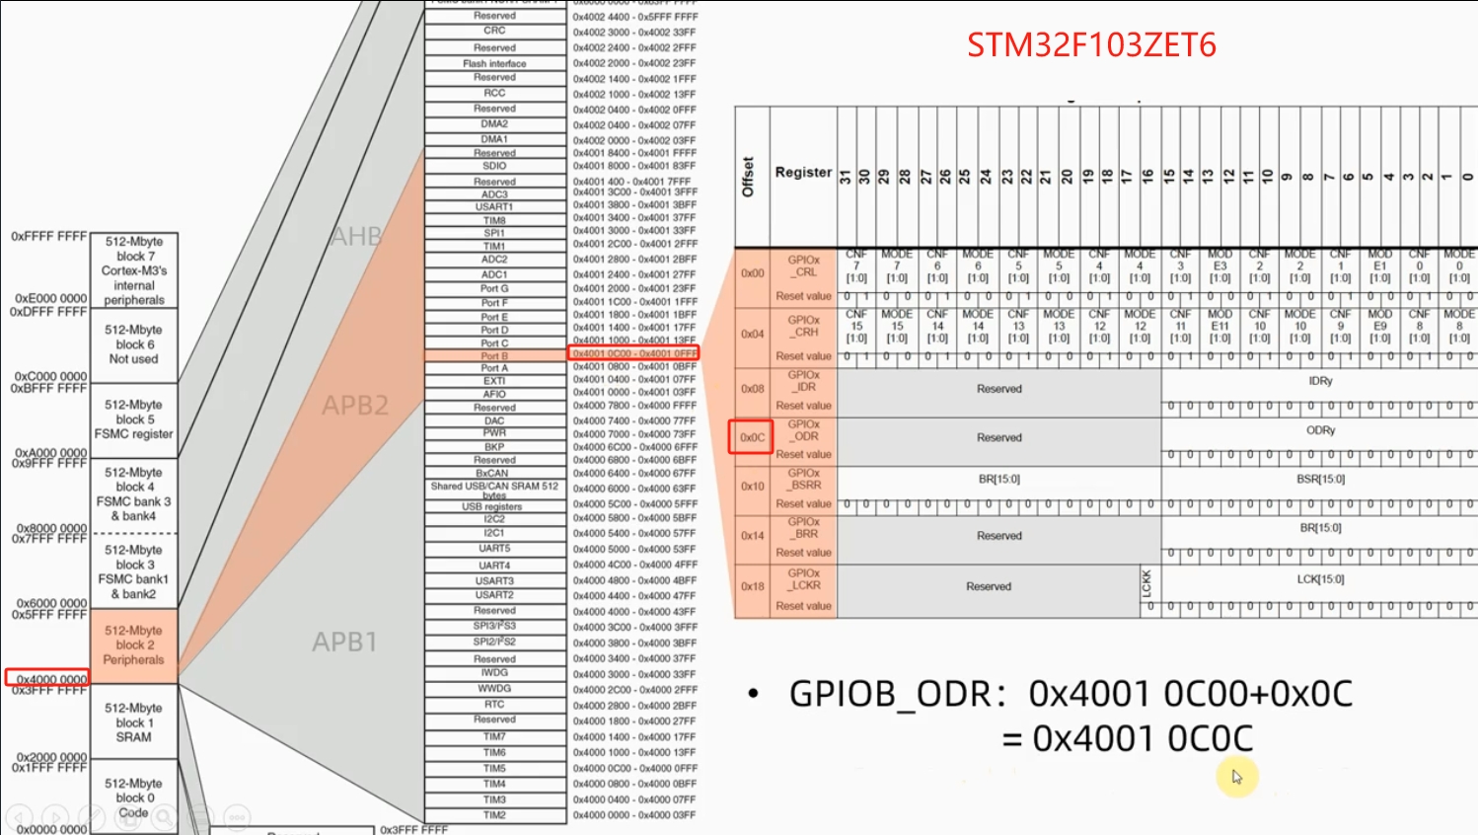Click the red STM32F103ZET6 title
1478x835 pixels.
1090,45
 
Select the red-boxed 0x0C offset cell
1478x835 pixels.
751,437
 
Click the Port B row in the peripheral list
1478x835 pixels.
494,355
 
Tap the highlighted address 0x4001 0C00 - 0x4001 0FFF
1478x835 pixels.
634,353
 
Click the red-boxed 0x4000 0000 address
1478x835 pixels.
49,679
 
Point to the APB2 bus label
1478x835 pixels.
355,405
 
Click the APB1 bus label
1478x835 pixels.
345,642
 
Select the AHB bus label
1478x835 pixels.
356,237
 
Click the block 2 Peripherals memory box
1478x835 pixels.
133,645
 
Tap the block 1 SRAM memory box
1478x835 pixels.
133,722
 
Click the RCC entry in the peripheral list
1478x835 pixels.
494,93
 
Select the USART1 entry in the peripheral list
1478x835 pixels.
494,206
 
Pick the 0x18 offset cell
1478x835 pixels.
753,586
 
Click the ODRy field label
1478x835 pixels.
1320,430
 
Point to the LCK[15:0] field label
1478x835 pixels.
1320,579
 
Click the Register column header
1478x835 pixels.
803,172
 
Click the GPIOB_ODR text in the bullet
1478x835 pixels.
889,694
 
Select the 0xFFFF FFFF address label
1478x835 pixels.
49,237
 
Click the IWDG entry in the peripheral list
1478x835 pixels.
494,673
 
